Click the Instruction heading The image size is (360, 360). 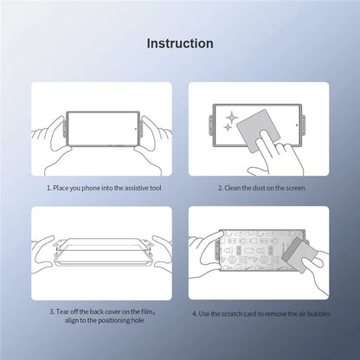click(x=180, y=42)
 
